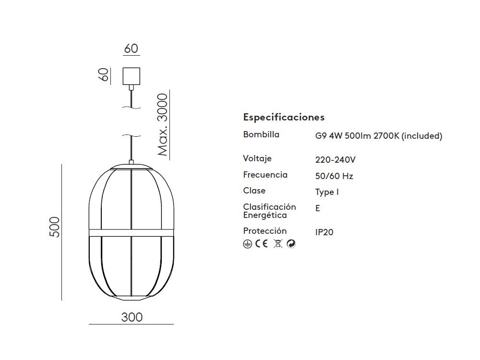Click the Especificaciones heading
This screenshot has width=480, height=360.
click(284, 117)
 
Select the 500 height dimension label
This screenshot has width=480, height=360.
click(55, 227)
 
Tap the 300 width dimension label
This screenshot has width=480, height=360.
click(132, 317)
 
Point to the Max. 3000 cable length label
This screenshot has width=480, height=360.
click(163, 125)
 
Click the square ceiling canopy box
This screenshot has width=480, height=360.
click(132, 76)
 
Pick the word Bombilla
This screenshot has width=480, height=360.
click(261, 134)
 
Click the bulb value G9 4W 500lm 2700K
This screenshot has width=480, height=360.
click(357, 136)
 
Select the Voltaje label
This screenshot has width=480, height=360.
click(257, 158)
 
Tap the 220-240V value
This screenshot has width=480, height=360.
click(335, 160)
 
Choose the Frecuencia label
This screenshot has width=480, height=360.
click(265, 175)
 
